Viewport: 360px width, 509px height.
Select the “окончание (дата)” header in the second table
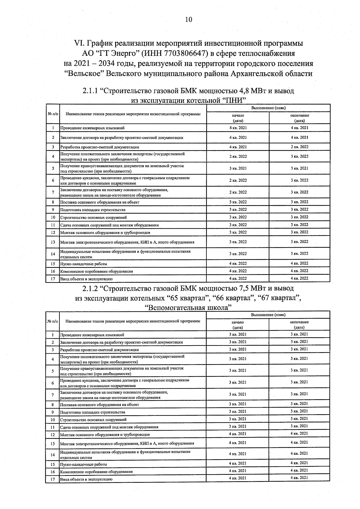pyautogui.click(x=299, y=325)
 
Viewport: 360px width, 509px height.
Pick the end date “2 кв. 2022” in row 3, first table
pyautogui.click(x=299, y=147)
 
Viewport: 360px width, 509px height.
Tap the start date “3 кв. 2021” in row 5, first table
pyautogui.click(x=238, y=168)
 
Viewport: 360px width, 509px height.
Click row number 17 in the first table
pyautogui.click(x=53, y=279)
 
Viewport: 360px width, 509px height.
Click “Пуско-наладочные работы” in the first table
pyautogui.click(x=84, y=264)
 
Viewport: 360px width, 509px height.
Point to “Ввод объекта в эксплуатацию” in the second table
pyautogui.click(x=86, y=479)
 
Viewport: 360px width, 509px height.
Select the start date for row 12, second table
pyautogui.click(x=238, y=434)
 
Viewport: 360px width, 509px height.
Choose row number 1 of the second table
pyautogui.click(x=53, y=335)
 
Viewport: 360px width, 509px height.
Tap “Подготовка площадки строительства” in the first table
pyautogui.click(x=93, y=210)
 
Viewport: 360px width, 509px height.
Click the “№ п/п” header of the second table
pyautogui.click(x=53, y=321)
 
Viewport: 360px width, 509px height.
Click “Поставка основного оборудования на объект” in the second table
pyautogui.click(x=100, y=405)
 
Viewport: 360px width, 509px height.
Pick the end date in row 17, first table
pyautogui.click(x=299, y=278)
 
